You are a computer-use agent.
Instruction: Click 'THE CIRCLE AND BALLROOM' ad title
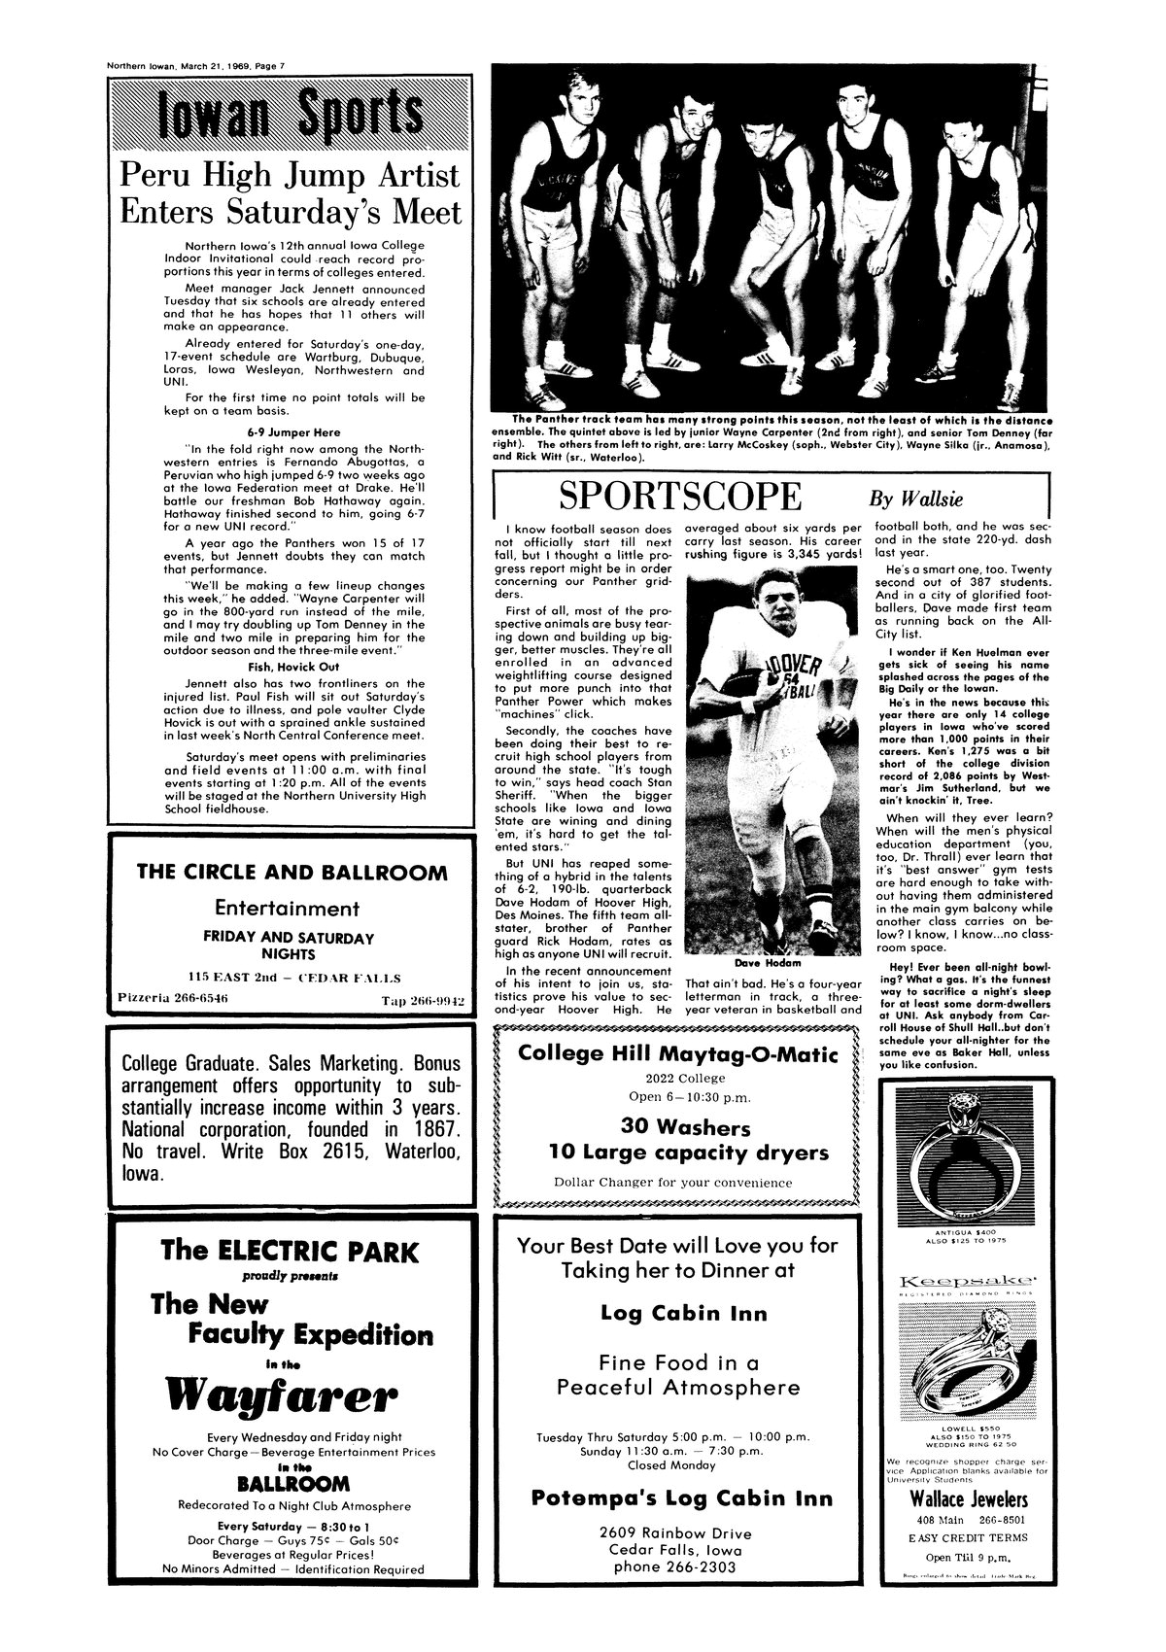pyautogui.click(x=292, y=872)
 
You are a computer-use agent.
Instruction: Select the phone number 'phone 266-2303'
pyautogui.click(x=676, y=1567)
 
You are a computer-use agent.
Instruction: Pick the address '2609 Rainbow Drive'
pyautogui.click(x=676, y=1532)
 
